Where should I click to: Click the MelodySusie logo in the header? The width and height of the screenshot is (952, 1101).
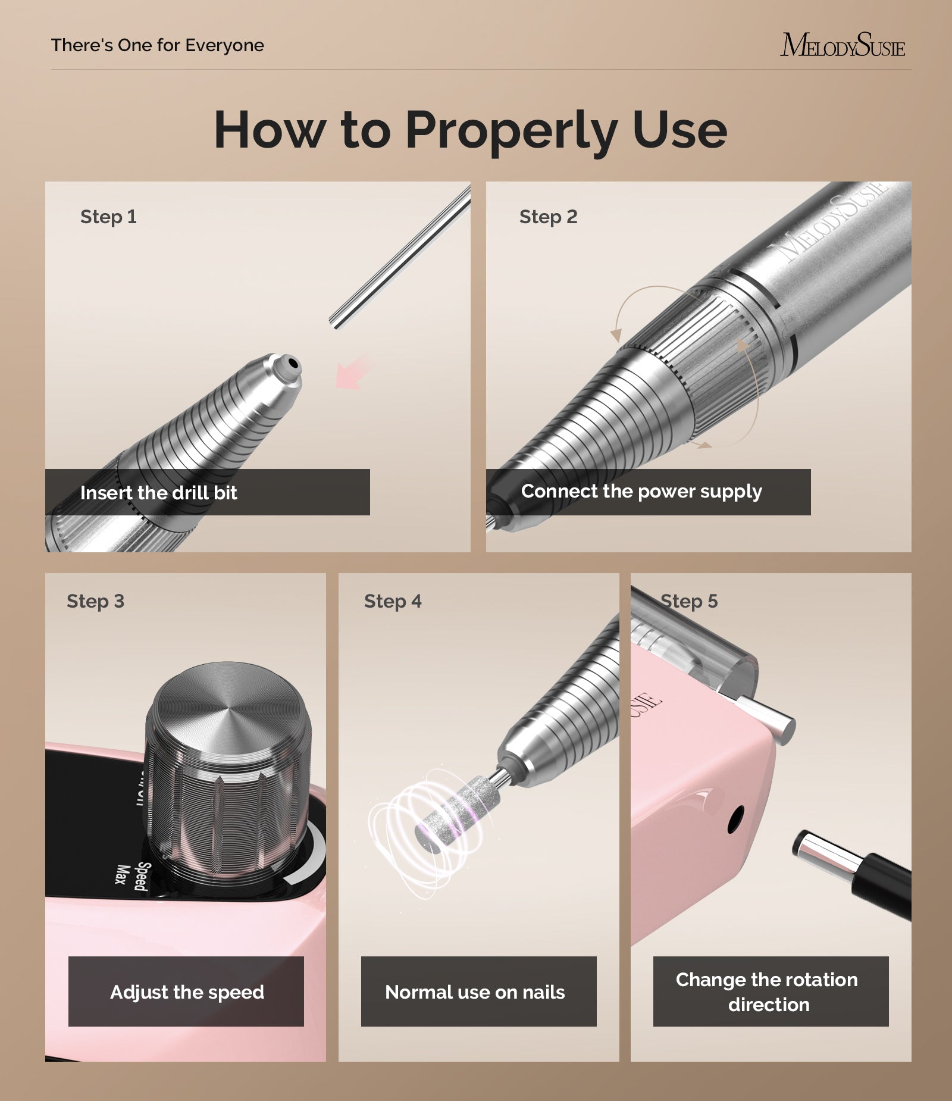point(842,46)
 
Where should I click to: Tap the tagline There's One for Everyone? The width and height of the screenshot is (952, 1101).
point(157,45)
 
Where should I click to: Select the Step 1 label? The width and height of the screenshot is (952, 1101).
point(108,217)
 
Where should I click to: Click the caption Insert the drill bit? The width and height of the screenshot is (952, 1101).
point(158,493)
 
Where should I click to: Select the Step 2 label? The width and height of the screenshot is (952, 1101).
point(548,217)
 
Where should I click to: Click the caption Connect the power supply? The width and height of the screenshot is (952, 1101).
point(641,492)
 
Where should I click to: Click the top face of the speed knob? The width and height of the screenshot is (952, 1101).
point(228,708)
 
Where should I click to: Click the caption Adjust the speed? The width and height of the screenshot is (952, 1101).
point(187,992)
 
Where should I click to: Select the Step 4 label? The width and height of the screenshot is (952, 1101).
point(392,601)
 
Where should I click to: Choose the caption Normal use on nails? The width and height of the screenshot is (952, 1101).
point(475,992)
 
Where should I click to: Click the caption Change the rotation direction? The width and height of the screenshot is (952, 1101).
point(768,992)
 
